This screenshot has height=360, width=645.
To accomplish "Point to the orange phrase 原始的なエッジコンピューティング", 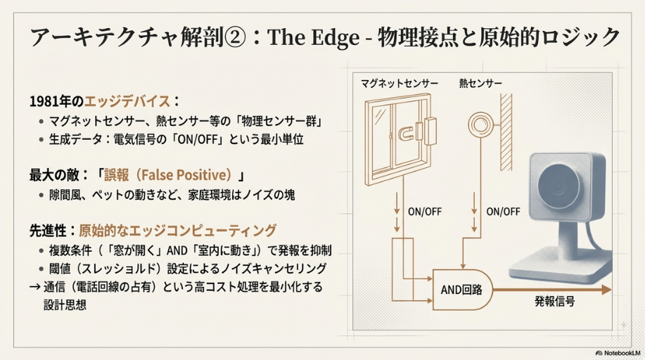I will pos(177,231).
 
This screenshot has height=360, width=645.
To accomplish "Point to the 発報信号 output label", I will pos(554,302).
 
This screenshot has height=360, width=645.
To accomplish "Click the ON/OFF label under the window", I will pos(424,211).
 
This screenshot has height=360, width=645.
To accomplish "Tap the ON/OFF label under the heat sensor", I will pos(503,211).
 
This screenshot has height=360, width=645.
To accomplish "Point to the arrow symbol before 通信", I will pos(33,286).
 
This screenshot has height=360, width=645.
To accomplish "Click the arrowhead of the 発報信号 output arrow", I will pos(609,288).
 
